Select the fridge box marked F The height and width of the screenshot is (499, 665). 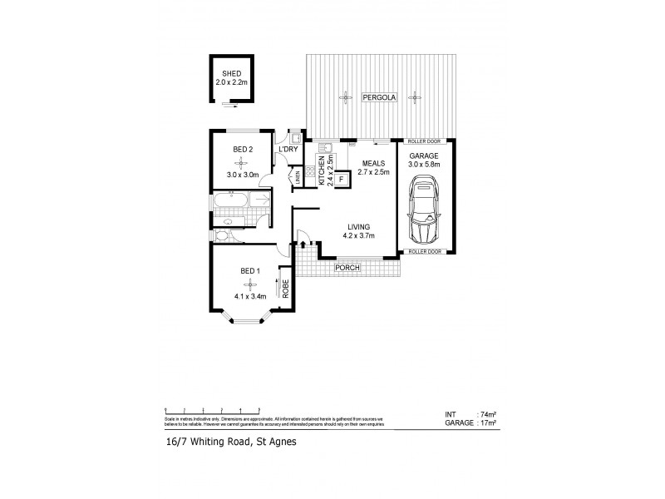[341, 178]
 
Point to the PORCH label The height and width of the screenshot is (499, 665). [346, 268]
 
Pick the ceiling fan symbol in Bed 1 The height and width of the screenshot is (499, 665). [247, 285]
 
